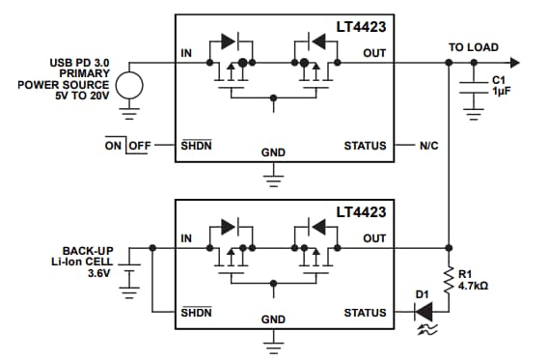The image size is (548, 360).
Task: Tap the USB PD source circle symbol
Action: pos(131,85)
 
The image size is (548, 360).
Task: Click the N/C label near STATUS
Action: pos(429,147)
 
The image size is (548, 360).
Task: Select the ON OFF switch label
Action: pos(129,146)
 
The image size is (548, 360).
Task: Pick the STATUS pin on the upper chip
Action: pos(365,147)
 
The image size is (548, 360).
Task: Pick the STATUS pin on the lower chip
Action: pos(365,313)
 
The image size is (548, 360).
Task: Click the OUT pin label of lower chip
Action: pos(374,237)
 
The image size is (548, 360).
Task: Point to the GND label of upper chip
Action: pos(273,152)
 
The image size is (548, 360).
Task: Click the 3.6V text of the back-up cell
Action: pos(98,273)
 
